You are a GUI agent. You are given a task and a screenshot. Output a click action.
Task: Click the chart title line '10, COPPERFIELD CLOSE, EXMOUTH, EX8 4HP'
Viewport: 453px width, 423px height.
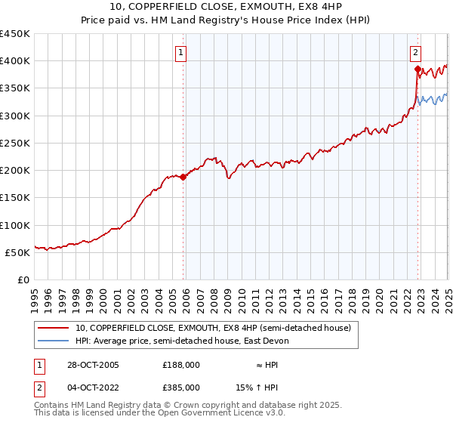point(226,8)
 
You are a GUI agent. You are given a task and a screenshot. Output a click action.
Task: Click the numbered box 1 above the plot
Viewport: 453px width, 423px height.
point(183,53)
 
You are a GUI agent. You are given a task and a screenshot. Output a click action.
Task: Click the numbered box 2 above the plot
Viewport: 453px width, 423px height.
point(416,53)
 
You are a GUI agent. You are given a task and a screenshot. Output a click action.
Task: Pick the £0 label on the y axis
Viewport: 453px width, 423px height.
point(23,280)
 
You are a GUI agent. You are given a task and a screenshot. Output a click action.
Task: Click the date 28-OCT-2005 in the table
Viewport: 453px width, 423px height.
point(93,365)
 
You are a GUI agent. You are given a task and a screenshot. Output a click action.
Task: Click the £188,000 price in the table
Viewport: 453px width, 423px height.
point(180,365)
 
